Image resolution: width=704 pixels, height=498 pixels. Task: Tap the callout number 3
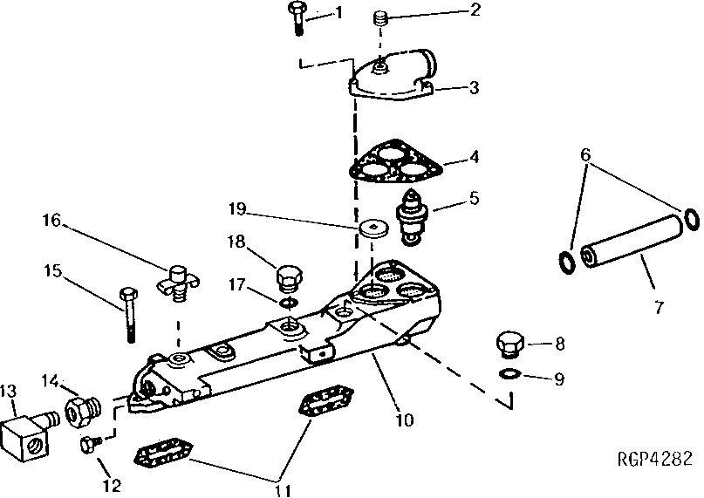[x=473, y=87]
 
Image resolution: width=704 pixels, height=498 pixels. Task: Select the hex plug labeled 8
[x=509, y=344]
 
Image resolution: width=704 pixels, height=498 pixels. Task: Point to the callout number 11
[x=281, y=489]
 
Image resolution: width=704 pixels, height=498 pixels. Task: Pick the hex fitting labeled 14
[x=81, y=408]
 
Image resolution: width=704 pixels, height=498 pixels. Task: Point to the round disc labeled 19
[x=374, y=229]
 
